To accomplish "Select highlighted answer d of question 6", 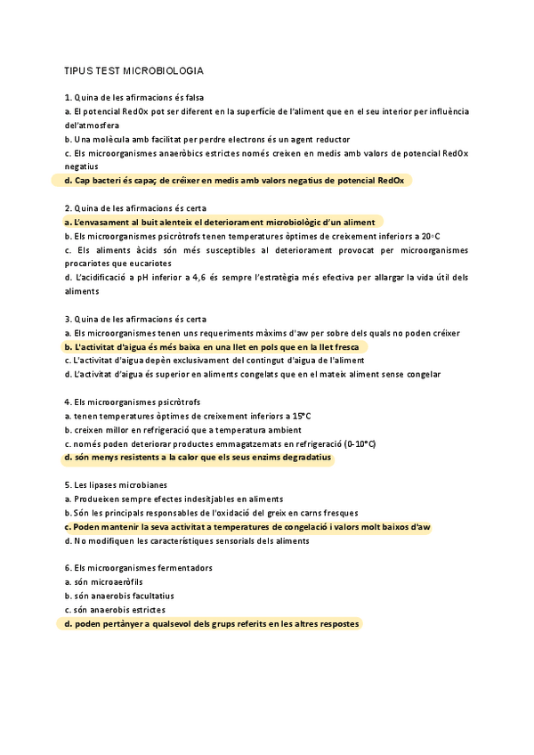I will tap(212, 624).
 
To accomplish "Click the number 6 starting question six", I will tap(68, 568).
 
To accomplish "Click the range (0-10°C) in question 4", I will tap(347, 443).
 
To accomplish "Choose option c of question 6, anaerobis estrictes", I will tap(115, 610).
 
